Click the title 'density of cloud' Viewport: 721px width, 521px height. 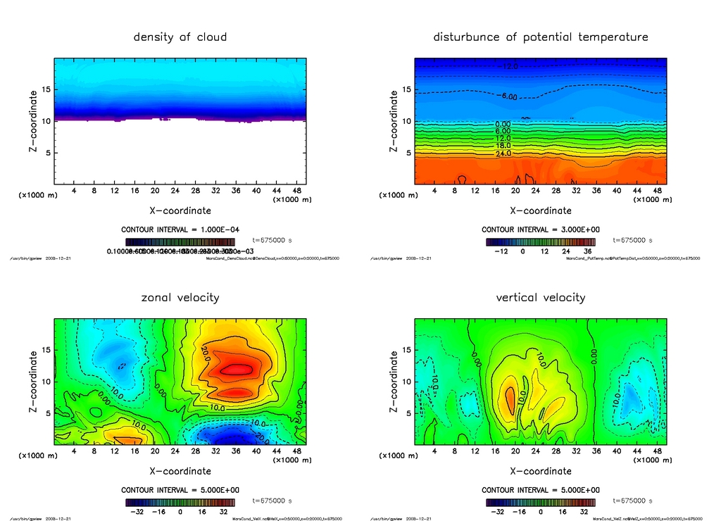(180, 37)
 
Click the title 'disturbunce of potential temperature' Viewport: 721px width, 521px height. (540, 37)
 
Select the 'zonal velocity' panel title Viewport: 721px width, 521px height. (180, 297)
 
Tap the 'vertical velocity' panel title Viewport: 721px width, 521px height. (540, 297)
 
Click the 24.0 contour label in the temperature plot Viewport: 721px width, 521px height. (503, 153)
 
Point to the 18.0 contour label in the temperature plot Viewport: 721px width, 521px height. (503, 146)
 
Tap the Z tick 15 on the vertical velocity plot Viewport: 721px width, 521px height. (406, 350)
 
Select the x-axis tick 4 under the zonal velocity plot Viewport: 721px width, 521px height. (74, 451)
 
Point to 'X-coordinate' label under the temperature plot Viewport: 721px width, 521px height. (540, 211)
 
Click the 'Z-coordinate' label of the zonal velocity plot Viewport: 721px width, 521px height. (33, 382)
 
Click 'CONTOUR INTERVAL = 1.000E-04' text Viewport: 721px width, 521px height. (180, 230)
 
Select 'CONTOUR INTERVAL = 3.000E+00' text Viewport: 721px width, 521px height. (540, 230)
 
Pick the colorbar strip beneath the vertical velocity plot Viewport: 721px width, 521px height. (540, 502)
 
